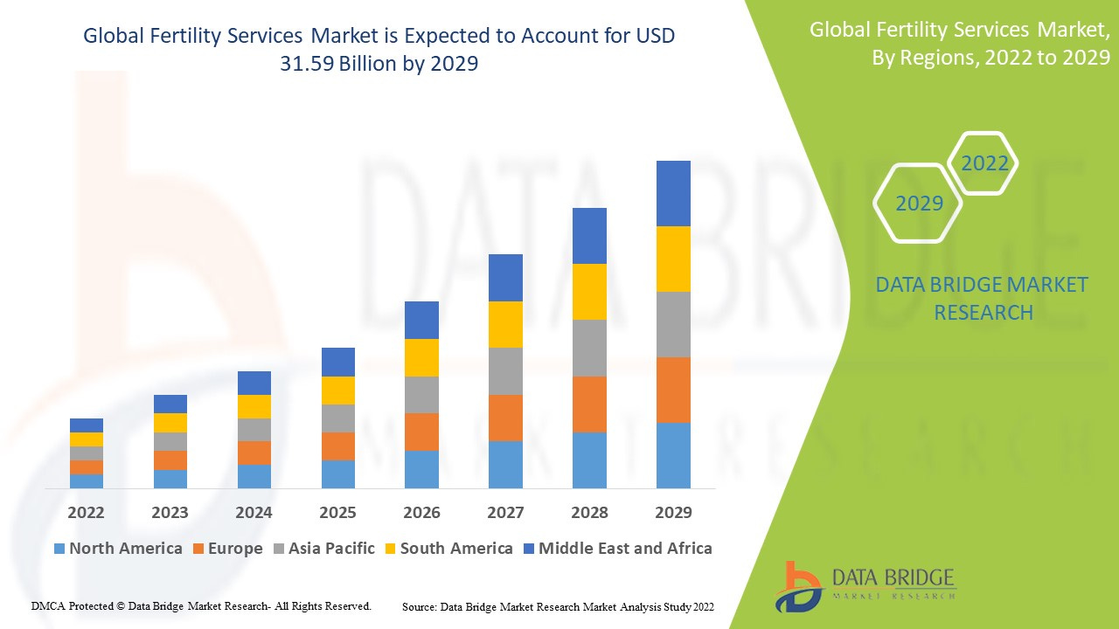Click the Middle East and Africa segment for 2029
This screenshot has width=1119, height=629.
tap(673, 193)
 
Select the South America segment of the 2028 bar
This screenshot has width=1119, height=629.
tap(589, 292)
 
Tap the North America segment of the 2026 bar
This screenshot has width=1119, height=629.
tap(421, 469)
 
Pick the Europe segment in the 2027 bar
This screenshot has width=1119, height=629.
tap(505, 418)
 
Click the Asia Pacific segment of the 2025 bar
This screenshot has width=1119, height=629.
tap(337, 418)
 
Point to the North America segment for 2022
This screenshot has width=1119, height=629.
tap(87, 480)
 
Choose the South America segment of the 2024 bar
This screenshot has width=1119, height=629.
tap(254, 406)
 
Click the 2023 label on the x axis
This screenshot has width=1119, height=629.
tap(170, 512)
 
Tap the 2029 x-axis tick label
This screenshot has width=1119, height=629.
tap(673, 512)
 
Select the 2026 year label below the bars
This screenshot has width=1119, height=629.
tap(421, 512)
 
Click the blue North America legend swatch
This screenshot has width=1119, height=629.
tap(59, 549)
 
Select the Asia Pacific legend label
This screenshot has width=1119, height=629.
tap(331, 549)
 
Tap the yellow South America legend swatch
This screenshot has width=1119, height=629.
tap(391, 549)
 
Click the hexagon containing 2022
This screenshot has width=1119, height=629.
tap(984, 163)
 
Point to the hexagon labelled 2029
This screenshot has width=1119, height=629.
tap(919, 204)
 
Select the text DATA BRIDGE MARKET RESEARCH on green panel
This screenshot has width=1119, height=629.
tap(983, 298)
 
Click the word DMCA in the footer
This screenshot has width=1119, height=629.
tap(48, 605)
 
